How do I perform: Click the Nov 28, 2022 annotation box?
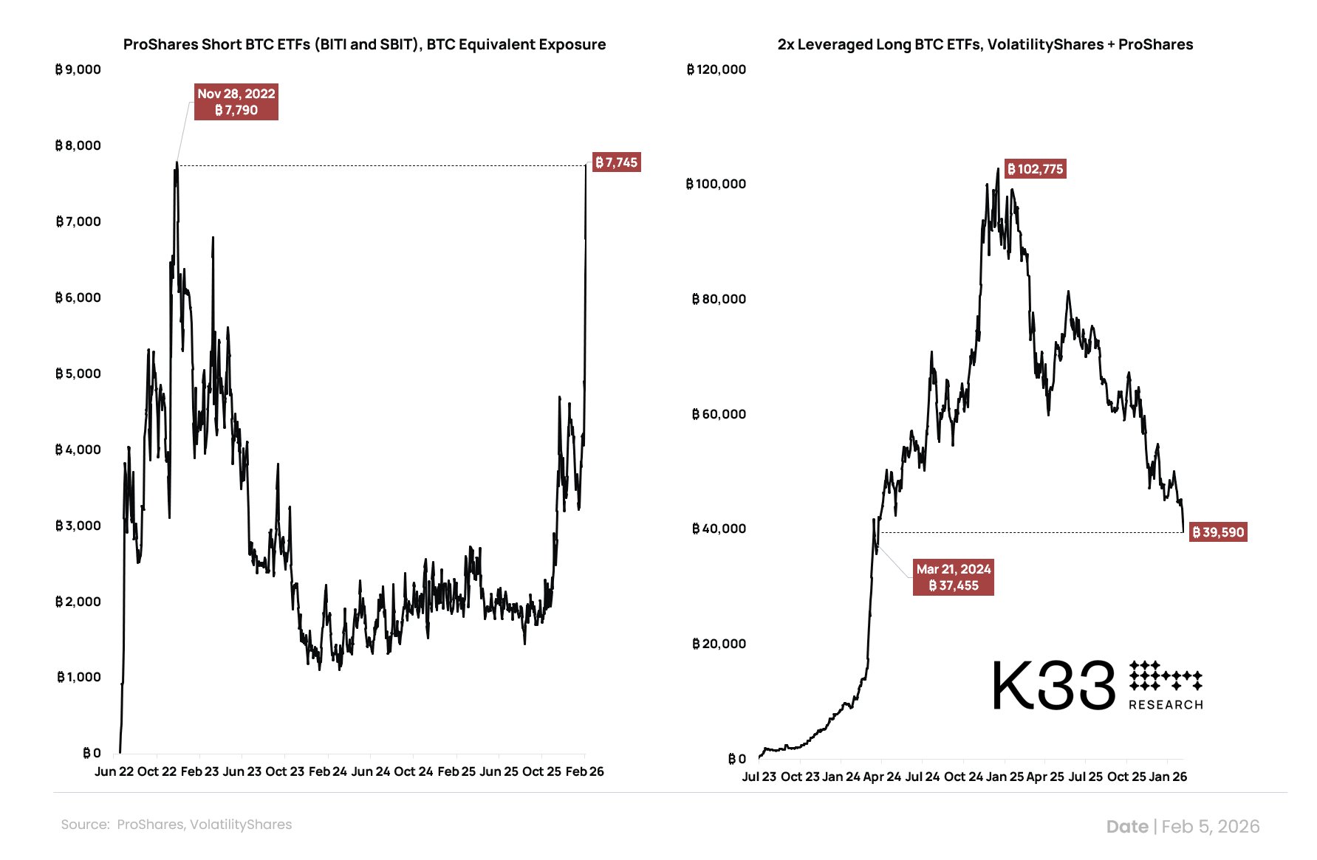[x=236, y=102]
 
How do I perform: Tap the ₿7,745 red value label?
[x=616, y=162]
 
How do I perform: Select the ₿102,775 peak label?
[x=1035, y=169]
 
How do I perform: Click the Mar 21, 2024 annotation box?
[x=953, y=577]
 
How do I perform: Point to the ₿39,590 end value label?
[x=1218, y=532]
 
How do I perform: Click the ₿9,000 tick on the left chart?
[x=78, y=69]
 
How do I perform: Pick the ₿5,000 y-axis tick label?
[x=78, y=374]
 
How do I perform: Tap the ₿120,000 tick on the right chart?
[x=716, y=69]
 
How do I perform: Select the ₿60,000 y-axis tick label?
[x=719, y=414]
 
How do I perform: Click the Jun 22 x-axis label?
[x=114, y=771]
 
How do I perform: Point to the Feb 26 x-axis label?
[x=584, y=771]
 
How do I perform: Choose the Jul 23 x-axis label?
[x=759, y=777]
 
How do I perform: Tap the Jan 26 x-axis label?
[x=1168, y=777]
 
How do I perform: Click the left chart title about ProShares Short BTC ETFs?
[x=364, y=44]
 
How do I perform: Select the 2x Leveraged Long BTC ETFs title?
[x=985, y=44]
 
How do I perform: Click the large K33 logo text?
[x=1053, y=686]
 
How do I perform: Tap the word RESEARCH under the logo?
[x=1166, y=705]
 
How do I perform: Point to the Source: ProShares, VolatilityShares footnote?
[x=177, y=825]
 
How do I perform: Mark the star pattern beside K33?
[x=1165, y=675]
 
